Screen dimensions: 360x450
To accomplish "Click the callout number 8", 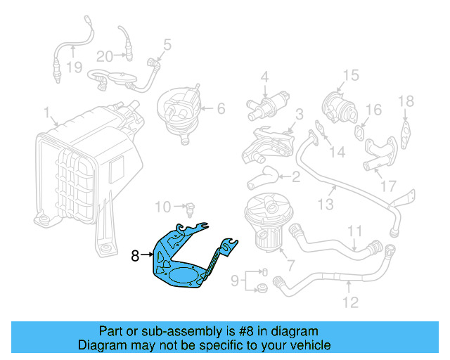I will [135, 257].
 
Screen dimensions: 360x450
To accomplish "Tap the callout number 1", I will [46, 112].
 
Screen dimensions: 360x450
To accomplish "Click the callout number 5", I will [167, 45].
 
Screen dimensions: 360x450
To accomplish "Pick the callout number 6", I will [220, 108].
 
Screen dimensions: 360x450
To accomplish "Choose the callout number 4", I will [265, 77].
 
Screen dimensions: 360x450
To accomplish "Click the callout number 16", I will [373, 110].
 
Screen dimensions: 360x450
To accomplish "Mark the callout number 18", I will [406, 101].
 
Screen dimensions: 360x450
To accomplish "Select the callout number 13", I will [325, 205].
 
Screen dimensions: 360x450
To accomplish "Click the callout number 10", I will [162, 207].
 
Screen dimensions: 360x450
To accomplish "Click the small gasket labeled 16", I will [360, 129].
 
